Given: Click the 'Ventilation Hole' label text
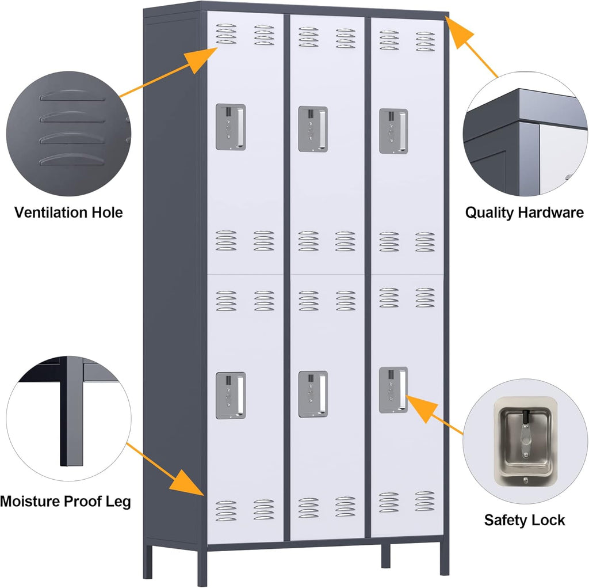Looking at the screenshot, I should point(68,213).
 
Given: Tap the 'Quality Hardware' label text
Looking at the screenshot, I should point(524,213).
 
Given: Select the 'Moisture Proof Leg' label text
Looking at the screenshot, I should point(66,501).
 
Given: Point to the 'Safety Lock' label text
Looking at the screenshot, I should point(524,520).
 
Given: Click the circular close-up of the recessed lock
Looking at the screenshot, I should point(524,441).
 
